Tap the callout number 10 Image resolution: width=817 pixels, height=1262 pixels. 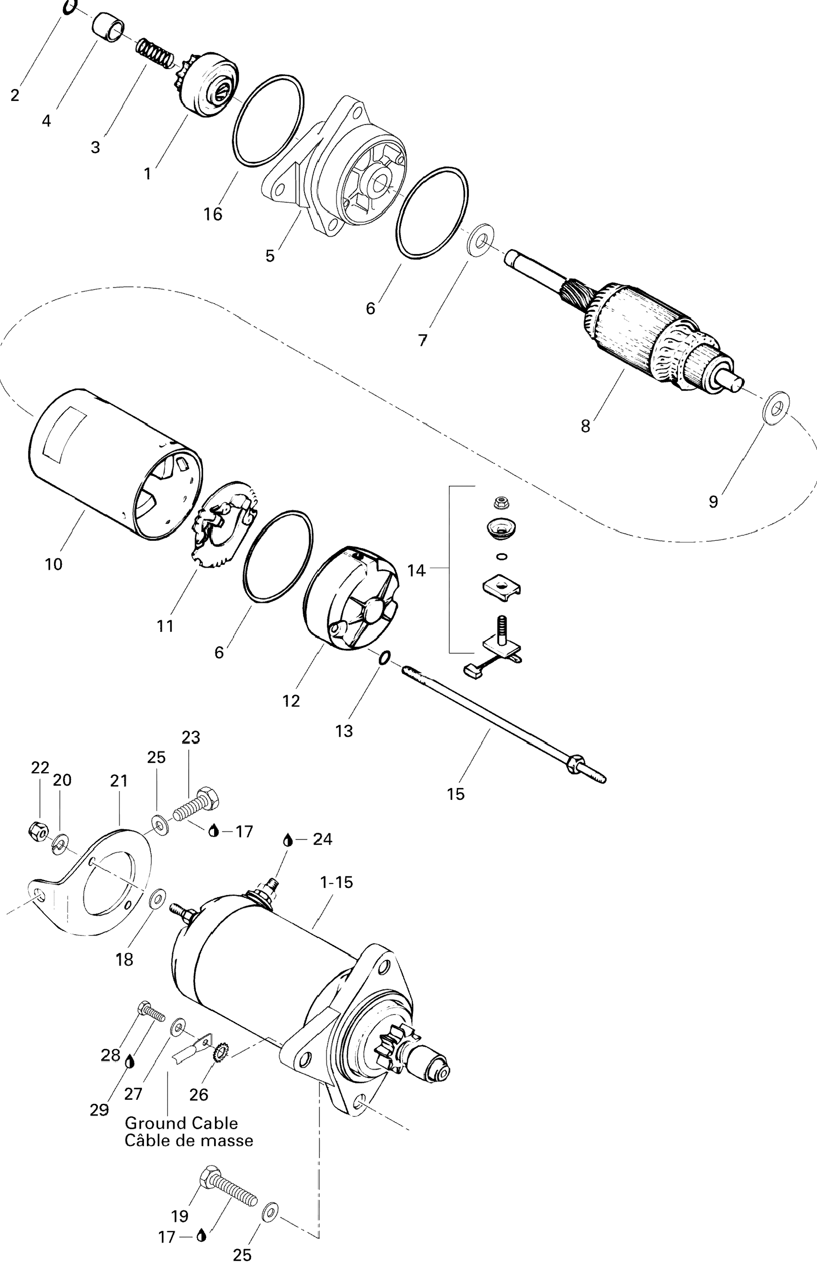(54, 564)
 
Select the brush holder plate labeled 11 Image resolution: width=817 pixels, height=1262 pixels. (223, 524)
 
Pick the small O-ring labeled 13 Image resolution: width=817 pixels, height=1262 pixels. (384, 657)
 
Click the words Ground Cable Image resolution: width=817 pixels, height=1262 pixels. (181, 1122)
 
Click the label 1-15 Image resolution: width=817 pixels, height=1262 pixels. (336, 882)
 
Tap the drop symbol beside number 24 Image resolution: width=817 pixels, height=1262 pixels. (288, 839)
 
